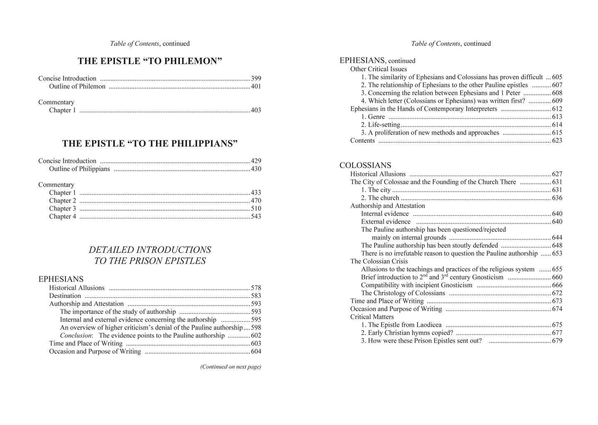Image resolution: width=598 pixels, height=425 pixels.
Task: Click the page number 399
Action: pos(256,79)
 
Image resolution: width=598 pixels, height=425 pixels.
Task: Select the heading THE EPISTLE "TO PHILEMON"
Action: pos(150,61)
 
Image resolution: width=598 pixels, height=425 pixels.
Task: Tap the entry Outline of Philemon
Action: pos(77,86)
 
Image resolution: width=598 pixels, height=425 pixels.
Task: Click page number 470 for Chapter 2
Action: pos(256,201)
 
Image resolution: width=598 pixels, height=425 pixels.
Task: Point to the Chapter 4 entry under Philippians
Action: pos(62,216)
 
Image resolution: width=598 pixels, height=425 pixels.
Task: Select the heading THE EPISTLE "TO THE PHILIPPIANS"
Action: pos(150,144)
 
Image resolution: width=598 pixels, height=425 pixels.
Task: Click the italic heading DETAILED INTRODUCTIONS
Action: pos(150,250)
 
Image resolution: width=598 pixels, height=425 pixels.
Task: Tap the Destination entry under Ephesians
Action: pos(65,296)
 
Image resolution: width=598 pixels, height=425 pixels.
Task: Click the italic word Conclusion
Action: pos(76,336)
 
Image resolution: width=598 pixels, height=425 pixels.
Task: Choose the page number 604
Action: pos(256,352)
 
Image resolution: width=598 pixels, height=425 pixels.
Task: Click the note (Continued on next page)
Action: pos(231,367)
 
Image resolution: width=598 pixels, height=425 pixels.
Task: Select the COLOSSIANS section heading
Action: pos(365,166)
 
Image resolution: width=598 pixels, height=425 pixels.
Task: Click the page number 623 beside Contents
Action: pos(557,141)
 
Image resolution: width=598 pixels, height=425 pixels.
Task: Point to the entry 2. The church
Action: pos(380,198)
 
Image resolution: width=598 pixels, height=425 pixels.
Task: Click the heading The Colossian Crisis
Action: pos(379,262)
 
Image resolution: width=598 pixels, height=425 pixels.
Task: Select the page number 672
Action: pos(557,293)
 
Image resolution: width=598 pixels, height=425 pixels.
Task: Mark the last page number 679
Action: pos(557,341)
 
